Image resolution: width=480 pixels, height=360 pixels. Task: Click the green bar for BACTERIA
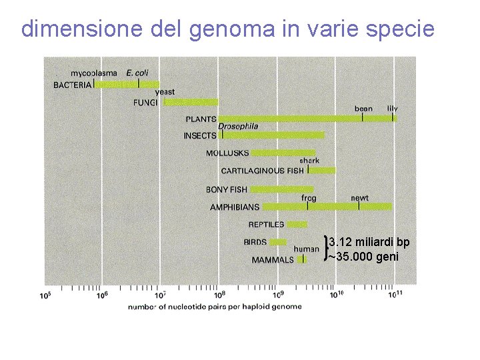127,85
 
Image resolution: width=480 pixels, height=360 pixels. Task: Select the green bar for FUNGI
191,102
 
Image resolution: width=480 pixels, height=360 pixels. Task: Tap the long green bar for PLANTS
307,119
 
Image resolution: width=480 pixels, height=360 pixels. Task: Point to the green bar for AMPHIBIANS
327,207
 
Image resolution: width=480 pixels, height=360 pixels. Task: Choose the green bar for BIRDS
277,242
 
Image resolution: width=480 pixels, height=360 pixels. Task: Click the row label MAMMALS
273,260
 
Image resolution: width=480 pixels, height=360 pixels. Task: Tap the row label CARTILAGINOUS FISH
263,171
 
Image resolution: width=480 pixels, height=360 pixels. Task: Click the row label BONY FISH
227,189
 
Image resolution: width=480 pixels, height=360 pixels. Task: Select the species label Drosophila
238,127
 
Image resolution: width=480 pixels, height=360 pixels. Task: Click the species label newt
360,198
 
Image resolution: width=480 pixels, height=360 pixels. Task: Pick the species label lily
393,108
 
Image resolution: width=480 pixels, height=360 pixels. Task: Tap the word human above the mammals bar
307,249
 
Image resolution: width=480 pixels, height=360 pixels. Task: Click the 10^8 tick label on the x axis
219,294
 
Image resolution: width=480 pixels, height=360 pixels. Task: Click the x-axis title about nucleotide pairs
215,307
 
